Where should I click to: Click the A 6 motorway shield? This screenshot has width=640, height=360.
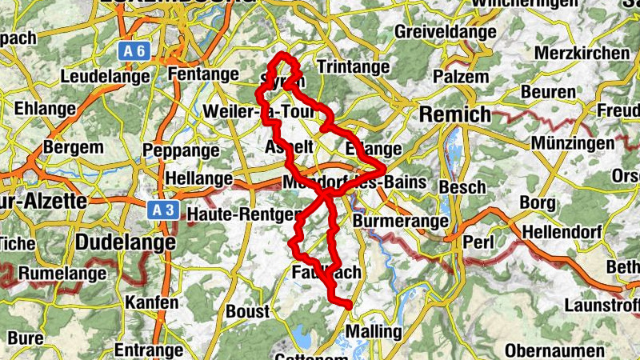point(135,51)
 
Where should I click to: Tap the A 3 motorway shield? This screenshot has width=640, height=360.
point(162,210)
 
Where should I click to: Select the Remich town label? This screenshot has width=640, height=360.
point(455,114)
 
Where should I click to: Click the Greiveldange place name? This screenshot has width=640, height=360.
point(444,34)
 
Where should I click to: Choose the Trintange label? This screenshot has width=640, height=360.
point(352,66)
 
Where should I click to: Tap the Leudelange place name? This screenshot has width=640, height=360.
point(106,77)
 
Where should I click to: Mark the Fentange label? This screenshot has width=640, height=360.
point(204,74)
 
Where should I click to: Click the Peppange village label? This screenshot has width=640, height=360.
point(180,150)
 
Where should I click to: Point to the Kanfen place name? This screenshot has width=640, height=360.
point(151,303)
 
